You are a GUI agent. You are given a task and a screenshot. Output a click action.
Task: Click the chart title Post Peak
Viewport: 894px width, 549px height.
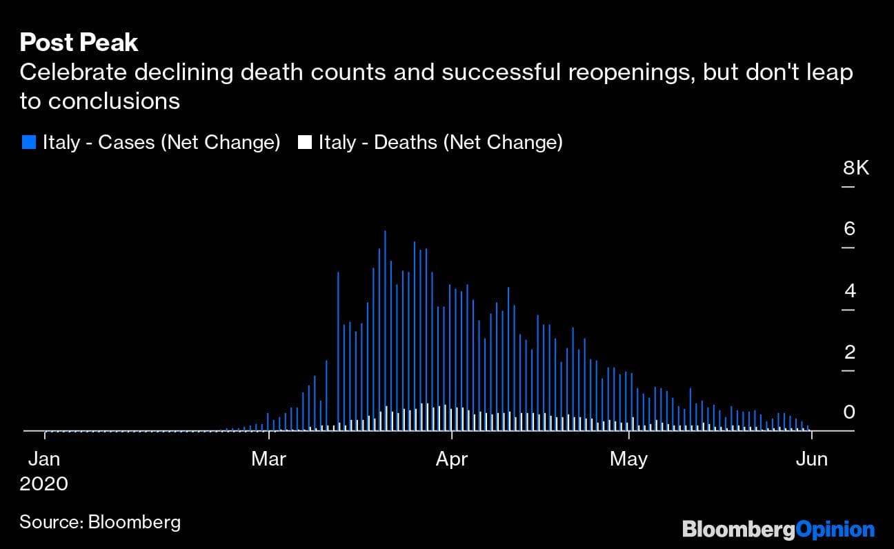pos(79,43)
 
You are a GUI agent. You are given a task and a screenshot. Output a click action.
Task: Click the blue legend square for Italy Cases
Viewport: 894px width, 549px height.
pos(29,143)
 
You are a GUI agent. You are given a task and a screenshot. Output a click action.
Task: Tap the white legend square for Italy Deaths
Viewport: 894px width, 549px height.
pos(304,143)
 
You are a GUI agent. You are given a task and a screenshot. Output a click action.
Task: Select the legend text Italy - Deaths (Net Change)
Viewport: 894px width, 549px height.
pos(440,143)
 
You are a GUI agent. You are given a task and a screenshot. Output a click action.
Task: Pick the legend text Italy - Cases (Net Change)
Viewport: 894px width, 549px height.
pos(161,143)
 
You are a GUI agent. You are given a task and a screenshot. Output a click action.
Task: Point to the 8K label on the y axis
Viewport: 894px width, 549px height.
pos(856,168)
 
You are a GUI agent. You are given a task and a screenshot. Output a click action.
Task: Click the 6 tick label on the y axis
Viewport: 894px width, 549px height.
pos(849,228)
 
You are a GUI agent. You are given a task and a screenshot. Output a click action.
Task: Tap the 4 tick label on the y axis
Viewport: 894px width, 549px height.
pos(849,290)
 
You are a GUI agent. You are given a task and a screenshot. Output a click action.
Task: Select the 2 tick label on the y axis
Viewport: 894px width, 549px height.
pos(849,352)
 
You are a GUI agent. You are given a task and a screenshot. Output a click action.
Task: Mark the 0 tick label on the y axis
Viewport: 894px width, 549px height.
pos(849,412)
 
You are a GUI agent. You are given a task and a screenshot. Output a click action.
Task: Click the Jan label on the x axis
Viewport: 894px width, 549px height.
pos(44,459)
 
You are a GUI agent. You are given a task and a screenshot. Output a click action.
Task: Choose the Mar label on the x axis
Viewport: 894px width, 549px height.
pos(268,459)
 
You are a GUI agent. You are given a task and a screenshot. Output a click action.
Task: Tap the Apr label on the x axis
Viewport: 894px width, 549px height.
pos(452,459)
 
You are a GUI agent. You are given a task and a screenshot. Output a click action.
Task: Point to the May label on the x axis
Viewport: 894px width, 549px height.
pos(628,459)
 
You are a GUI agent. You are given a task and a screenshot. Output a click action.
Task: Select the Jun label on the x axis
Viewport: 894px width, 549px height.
pos(812,459)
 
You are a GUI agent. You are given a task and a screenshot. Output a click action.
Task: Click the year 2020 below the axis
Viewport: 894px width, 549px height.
pos(44,483)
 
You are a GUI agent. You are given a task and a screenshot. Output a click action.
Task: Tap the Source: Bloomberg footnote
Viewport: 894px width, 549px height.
pos(100,521)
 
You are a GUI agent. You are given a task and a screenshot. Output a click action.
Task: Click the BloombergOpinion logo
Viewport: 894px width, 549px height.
pos(778,530)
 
